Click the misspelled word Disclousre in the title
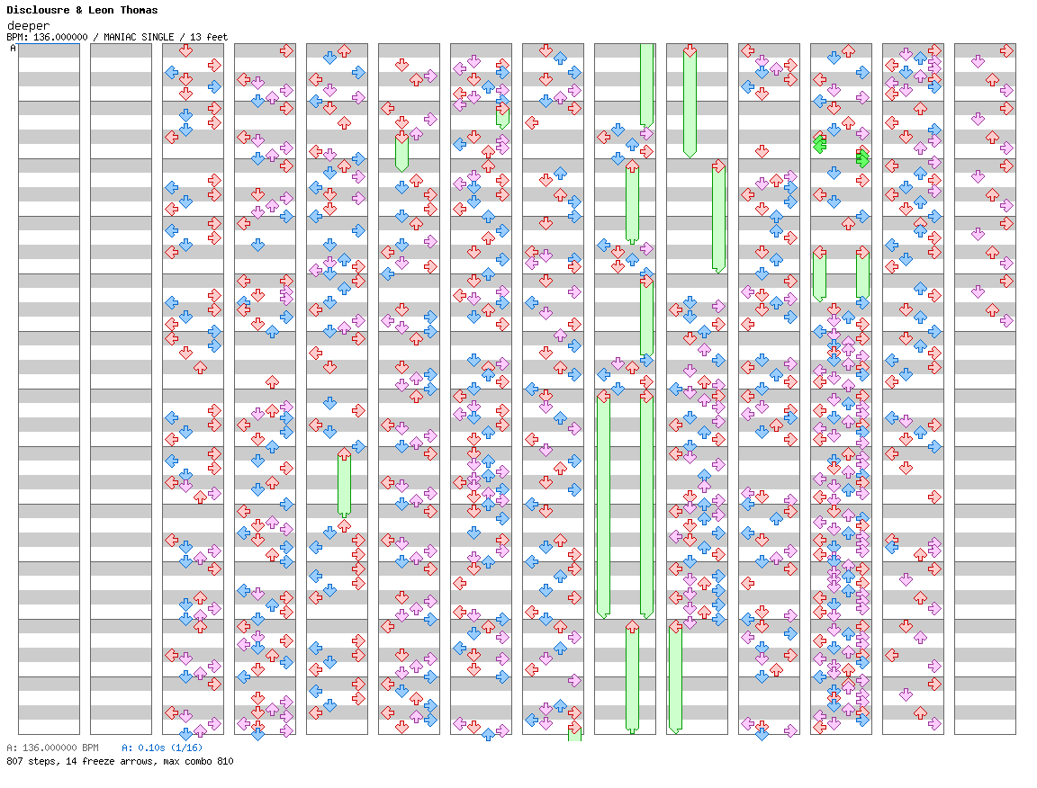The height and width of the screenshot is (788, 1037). (37, 10)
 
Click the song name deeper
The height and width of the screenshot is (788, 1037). (26, 25)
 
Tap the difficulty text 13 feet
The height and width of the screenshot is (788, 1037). (210, 37)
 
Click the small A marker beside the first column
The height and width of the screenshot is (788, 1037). (13, 49)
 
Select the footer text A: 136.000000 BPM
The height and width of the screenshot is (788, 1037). (52, 748)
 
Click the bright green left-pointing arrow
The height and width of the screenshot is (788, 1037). (819, 144)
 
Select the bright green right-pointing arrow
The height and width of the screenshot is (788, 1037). (862, 158)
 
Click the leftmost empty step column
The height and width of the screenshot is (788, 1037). (49, 389)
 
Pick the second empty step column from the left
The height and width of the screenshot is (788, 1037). (121, 389)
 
